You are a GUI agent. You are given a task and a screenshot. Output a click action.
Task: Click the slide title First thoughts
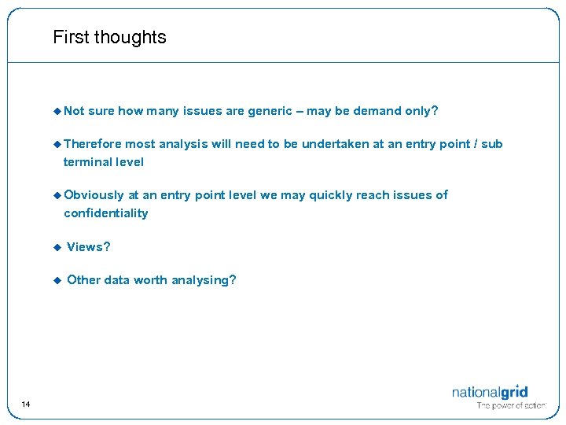click(109, 37)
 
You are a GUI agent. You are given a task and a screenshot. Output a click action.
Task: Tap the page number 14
click(26, 404)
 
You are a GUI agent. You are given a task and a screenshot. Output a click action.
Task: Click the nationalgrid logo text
click(489, 392)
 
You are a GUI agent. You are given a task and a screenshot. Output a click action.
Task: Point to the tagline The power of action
click(510, 406)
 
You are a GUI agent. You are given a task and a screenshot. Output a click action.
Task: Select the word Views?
click(89, 247)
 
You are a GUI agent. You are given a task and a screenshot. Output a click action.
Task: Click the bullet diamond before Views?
click(57, 247)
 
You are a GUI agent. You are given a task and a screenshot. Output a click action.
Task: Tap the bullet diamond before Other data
click(57, 280)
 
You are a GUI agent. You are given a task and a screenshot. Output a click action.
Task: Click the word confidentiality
click(105, 213)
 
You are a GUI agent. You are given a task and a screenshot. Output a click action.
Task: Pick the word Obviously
click(94, 195)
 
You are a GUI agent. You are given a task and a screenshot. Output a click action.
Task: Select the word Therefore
click(93, 144)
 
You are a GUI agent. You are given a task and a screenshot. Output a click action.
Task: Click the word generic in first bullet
click(270, 111)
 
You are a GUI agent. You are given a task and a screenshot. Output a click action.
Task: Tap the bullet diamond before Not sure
click(57, 111)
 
